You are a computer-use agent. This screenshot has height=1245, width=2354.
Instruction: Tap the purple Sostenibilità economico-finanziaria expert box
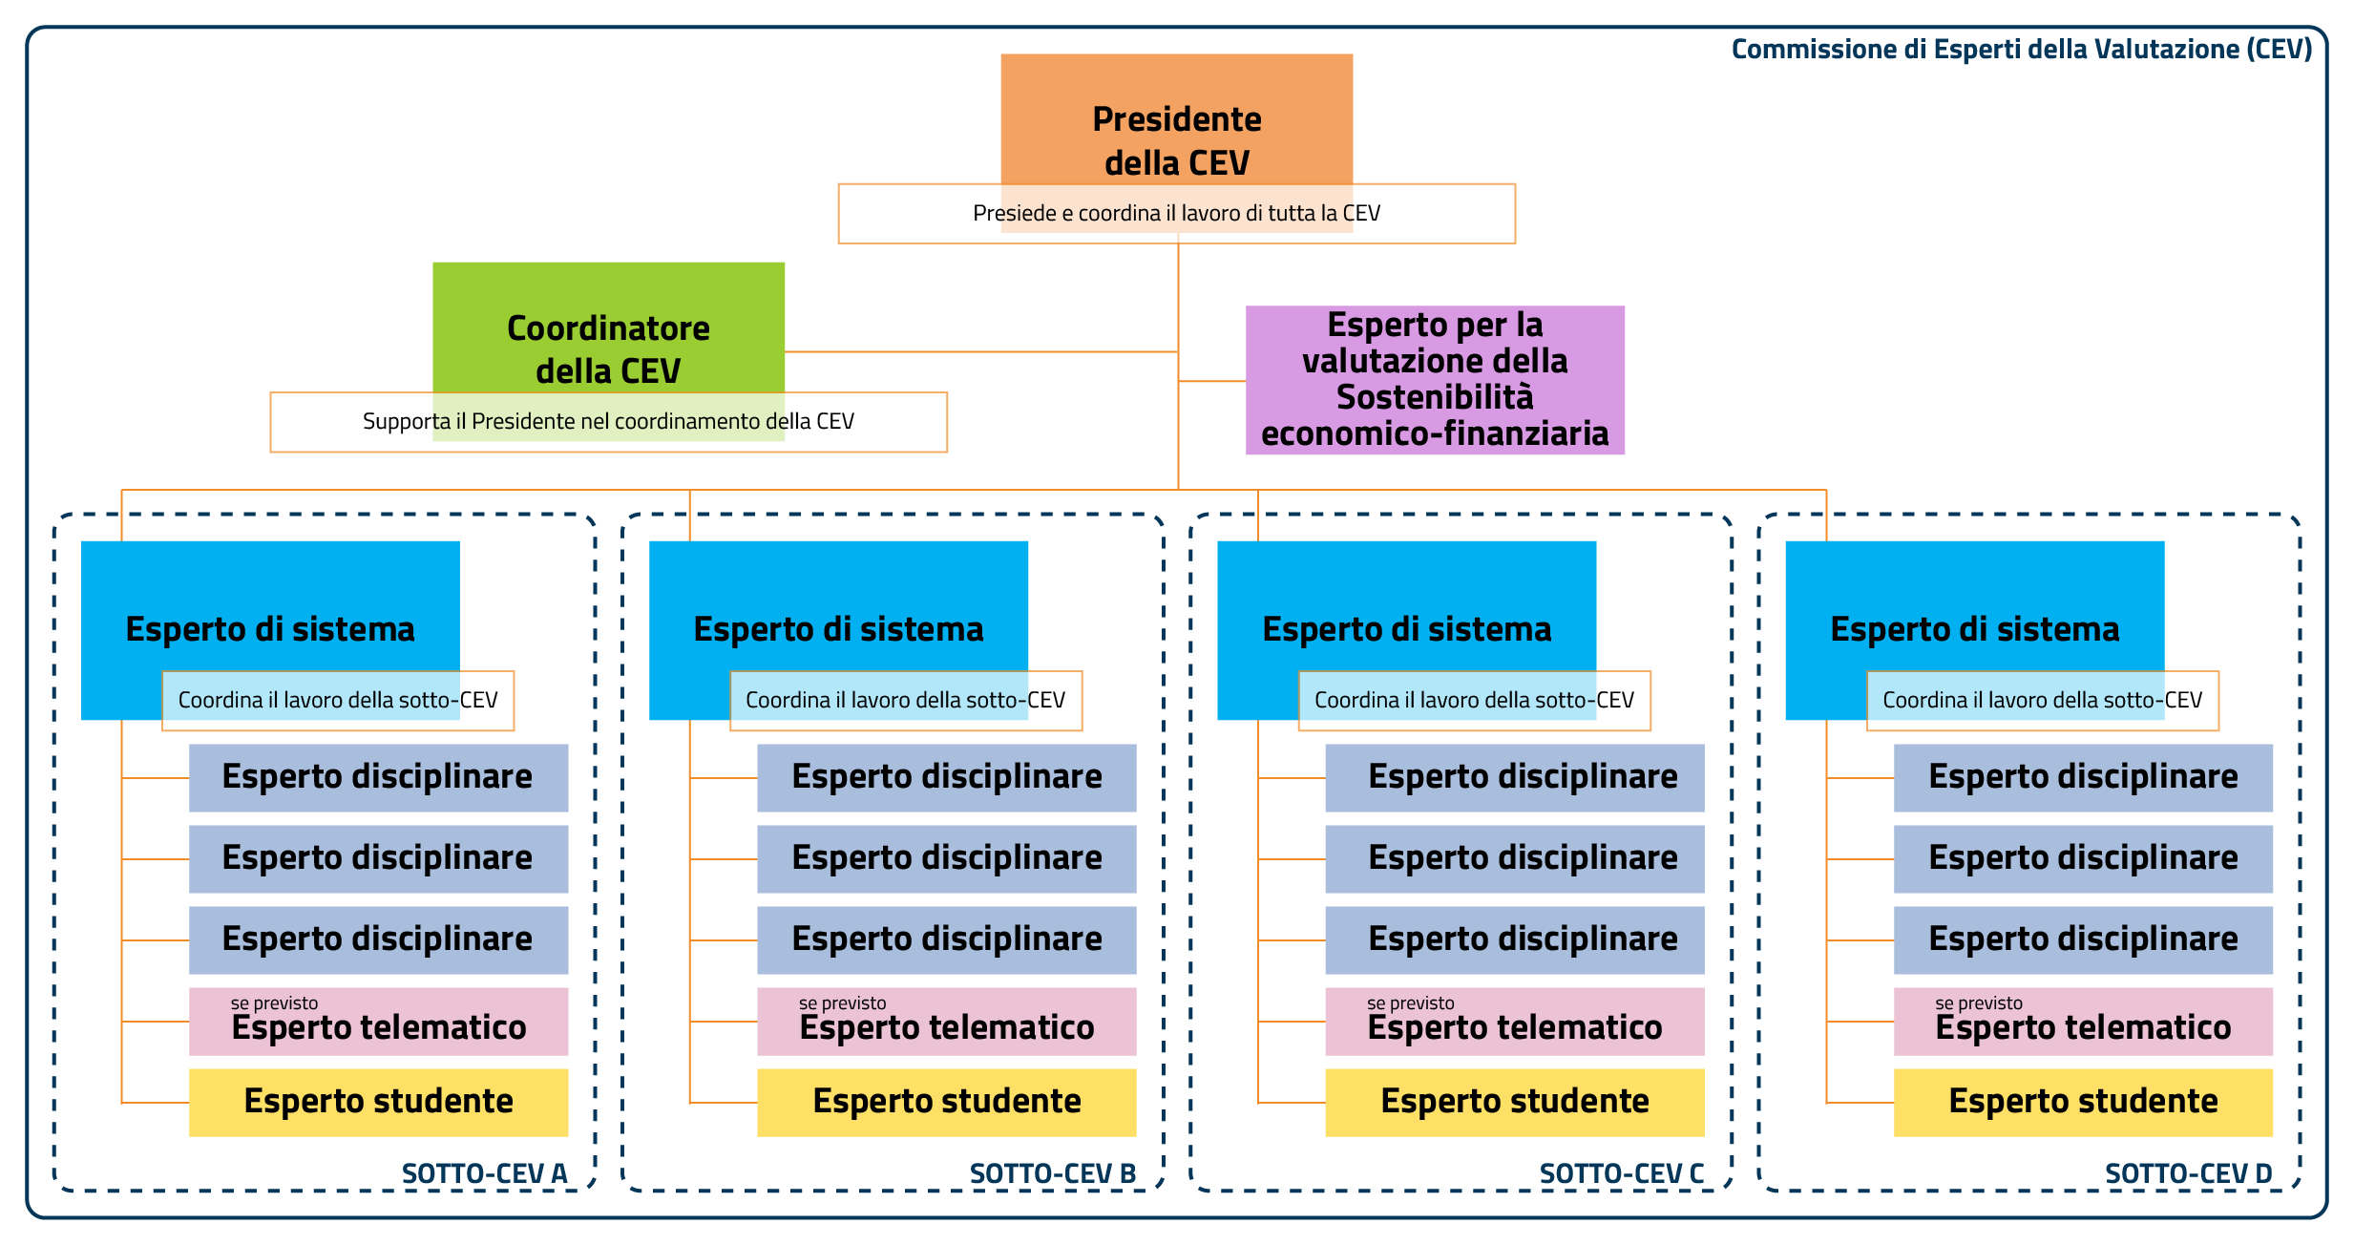1435,380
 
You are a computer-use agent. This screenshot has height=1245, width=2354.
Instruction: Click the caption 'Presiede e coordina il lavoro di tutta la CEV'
1176,213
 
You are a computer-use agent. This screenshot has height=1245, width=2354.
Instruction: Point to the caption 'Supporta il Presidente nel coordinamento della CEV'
608,422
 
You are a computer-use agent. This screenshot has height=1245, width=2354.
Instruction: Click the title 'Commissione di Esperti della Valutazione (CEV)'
2021,50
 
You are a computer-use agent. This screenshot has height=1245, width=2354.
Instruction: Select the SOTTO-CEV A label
484,1173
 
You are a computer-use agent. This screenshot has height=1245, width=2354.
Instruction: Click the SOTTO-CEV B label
1052,1173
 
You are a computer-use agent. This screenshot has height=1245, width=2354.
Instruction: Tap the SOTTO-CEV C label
1621,1173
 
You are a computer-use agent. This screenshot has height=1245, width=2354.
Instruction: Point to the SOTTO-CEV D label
2188,1173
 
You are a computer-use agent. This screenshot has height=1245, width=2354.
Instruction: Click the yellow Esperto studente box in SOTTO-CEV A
378,1102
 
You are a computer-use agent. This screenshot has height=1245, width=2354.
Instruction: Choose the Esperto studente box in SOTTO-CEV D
2083,1102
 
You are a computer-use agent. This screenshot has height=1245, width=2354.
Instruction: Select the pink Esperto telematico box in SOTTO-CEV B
946,1022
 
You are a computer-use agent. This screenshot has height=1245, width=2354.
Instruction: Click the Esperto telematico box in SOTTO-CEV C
1514,1022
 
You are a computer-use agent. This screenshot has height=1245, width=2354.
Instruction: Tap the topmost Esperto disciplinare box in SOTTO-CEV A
378,777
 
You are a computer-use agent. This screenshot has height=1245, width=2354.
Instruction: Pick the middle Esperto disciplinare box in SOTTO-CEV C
1514,858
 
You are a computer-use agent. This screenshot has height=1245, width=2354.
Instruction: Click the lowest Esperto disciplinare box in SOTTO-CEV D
2083,939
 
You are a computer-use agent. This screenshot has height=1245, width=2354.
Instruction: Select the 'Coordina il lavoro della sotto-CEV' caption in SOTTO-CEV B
905,701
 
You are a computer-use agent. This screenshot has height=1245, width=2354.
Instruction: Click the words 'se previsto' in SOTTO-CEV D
1978,1003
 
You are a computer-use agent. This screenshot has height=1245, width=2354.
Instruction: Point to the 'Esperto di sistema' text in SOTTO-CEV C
1406,630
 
